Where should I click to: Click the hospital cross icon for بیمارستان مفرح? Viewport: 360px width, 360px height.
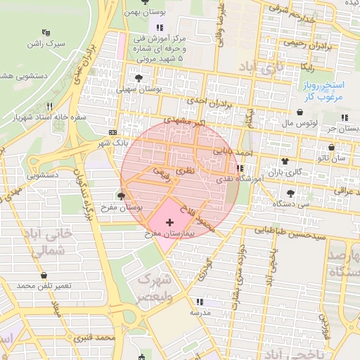(169, 223)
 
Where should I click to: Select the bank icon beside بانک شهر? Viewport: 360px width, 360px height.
(114, 132)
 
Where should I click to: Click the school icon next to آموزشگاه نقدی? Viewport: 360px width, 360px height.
(240, 169)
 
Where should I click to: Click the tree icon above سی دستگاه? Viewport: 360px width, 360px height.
(291, 193)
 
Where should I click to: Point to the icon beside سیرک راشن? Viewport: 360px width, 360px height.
(46, 32)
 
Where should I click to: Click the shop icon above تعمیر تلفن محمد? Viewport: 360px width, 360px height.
(46, 276)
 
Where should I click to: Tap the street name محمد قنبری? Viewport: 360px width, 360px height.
(96, 339)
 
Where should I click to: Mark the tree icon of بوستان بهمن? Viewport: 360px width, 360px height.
(145, 2)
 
